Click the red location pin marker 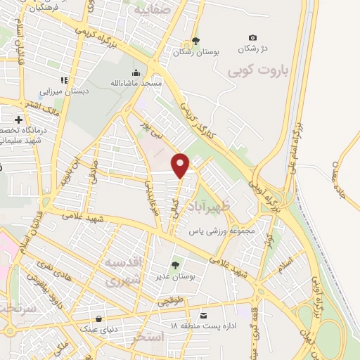point(181,165)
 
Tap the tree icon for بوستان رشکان point(196,41)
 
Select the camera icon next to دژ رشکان point(253,38)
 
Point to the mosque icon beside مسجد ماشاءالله point(135,72)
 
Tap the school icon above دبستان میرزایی point(63,79)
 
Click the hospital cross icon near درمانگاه point(18,120)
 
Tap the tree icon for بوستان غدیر point(175,264)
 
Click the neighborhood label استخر point(148,339)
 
